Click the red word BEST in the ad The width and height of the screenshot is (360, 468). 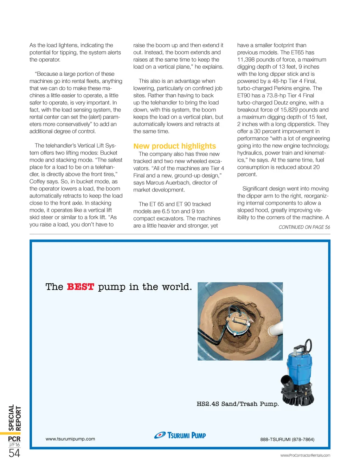pyautogui.click(x=81, y=287)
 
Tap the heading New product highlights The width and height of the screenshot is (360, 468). pyautogui.click(x=174, y=146)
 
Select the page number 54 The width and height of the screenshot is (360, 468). pyautogui.click(x=14, y=453)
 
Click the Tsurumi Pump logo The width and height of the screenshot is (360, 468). pyautogui.click(x=180, y=435)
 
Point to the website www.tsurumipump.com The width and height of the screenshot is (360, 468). pyautogui.click(x=70, y=439)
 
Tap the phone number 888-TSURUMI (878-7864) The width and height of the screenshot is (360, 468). pyautogui.click(x=287, y=439)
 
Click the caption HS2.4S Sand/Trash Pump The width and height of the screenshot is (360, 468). pyautogui.click(x=238, y=404)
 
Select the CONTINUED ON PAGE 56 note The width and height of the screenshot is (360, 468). pyautogui.click(x=304, y=227)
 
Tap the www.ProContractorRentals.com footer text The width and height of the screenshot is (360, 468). pyautogui.click(x=305, y=455)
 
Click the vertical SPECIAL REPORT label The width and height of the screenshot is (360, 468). pyautogui.click(x=15, y=418)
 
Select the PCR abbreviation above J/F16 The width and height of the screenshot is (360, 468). pyautogui.click(x=14, y=439)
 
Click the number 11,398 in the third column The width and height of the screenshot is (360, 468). pyautogui.click(x=247, y=59)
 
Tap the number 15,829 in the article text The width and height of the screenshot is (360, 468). pyautogui.click(x=289, y=110)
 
